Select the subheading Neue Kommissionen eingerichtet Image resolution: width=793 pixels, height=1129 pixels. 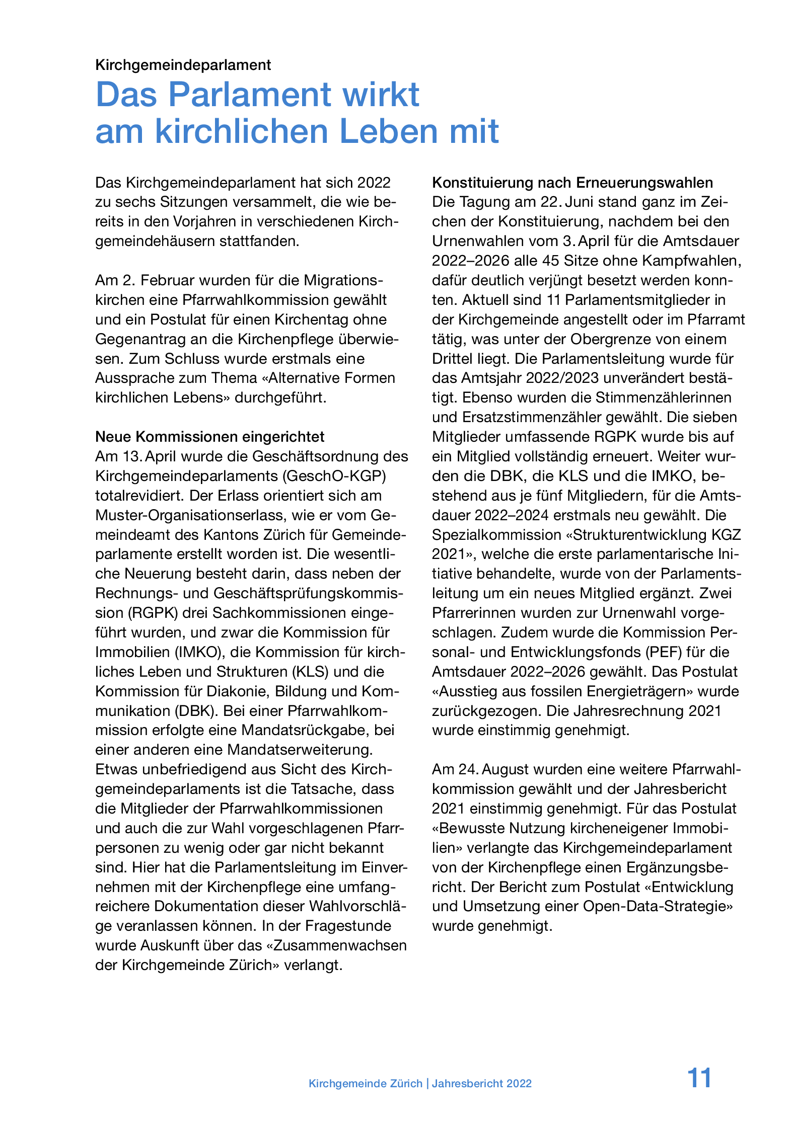click(x=210, y=437)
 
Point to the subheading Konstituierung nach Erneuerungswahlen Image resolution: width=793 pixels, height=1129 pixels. click(x=572, y=182)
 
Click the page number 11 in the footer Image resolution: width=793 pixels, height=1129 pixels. click(x=699, y=1078)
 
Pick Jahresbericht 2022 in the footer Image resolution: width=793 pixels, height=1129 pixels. click(x=481, y=1084)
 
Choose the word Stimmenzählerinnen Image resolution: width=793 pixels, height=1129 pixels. click(x=663, y=397)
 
